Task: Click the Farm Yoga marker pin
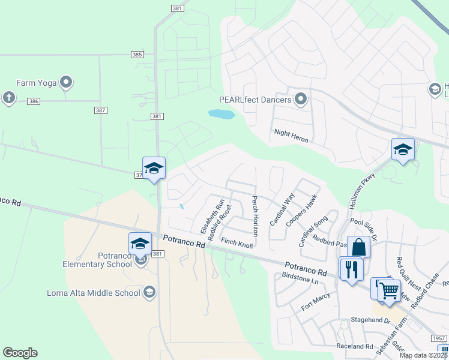point(66,82)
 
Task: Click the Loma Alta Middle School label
point(94,293)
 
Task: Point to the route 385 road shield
point(137,55)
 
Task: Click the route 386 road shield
point(34,101)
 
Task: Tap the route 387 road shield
point(100,110)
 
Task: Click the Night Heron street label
point(291,136)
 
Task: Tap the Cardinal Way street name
point(282,209)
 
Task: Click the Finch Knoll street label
point(237,242)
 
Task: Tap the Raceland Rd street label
point(355,346)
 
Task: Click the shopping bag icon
point(358,247)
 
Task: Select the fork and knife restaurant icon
point(352,268)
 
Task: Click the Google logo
point(20,353)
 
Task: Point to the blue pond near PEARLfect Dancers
point(221,114)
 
